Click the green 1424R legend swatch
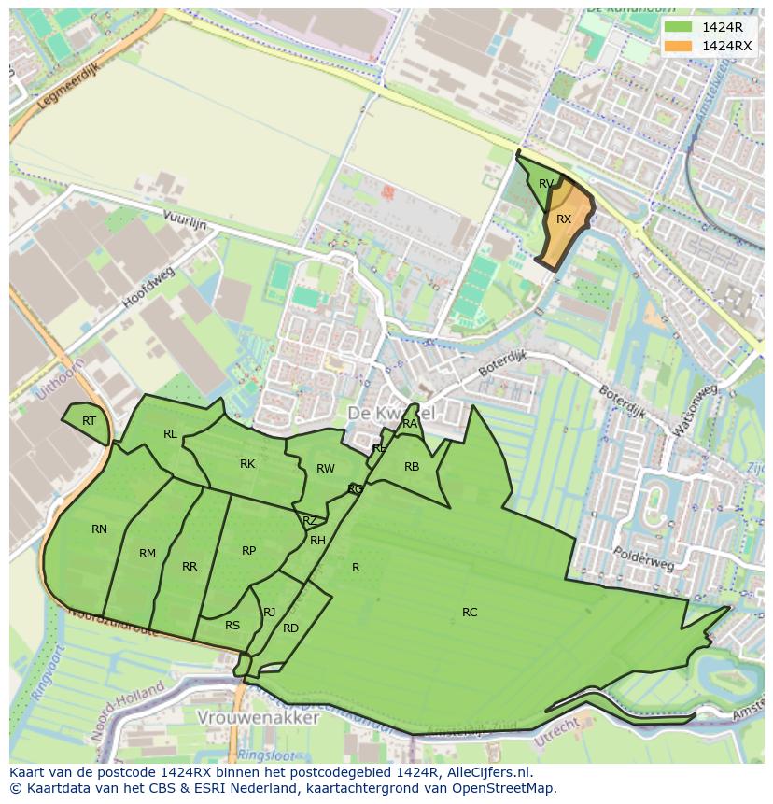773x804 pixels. coord(678,27)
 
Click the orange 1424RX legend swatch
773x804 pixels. coord(678,46)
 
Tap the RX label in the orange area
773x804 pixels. coord(564,219)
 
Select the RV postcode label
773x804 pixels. coord(546,184)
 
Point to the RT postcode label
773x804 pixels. coord(89,421)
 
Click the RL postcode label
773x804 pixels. coord(170,434)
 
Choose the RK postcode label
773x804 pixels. coord(247,464)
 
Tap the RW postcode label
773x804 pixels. coord(325,469)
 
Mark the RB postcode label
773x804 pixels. coord(412,467)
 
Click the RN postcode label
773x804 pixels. coord(99,529)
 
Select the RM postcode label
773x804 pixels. coord(148,554)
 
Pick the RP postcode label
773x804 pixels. coord(248,551)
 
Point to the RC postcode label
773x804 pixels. coord(470,613)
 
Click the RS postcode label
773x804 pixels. coord(232,626)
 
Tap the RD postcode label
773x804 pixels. coord(290,628)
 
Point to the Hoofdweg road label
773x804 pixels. coord(148,289)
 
